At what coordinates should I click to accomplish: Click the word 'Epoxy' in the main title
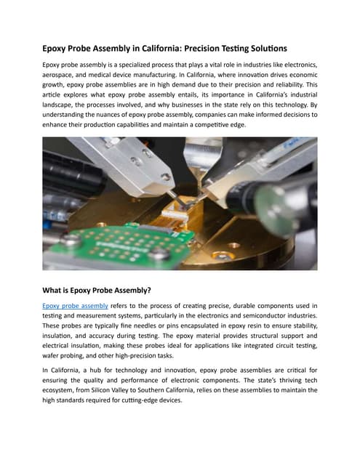click(57, 48)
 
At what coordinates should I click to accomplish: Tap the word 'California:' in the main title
click(172, 48)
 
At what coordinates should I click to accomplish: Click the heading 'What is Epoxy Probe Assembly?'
click(97, 291)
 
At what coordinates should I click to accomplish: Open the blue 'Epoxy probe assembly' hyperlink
click(75, 306)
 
